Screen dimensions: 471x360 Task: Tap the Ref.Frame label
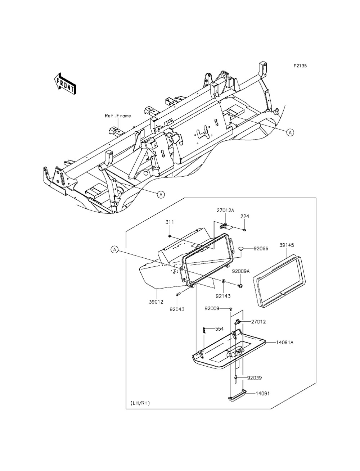(118, 116)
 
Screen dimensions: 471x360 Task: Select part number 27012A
(225, 210)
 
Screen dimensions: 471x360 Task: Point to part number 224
(245, 216)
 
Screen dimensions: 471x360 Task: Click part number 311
(170, 223)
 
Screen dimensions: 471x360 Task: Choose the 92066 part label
(261, 248)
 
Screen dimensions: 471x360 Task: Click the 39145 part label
(287, 245)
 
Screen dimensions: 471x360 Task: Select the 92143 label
(223, 296)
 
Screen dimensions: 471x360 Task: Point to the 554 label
(220, 329)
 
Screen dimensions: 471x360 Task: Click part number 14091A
(285, 342)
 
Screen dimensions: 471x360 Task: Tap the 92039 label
(255, 378)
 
